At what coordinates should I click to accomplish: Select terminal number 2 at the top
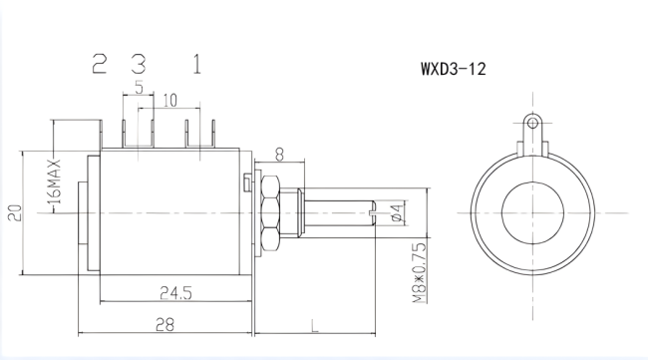pyautogui.click(x=100, y=66)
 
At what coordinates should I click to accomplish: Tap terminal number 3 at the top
pyautogui.click(x=139, y=66)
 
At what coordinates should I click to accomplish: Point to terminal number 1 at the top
pyautogui.click(x=197, y=66)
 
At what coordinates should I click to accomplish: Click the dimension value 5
pyautogui.click(x=138, y=87)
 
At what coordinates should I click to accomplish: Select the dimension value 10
pyautogui.click(x=169, y=100)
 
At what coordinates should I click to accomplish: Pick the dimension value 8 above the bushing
pyautogui.click(x=278, y=154)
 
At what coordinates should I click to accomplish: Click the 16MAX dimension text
pyautogui.click(x=57, y=186)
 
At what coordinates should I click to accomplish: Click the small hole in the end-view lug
pyautogui.click(x=532, y=123)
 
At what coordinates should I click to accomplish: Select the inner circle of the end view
pyautogui.click(x=532, y=211)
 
